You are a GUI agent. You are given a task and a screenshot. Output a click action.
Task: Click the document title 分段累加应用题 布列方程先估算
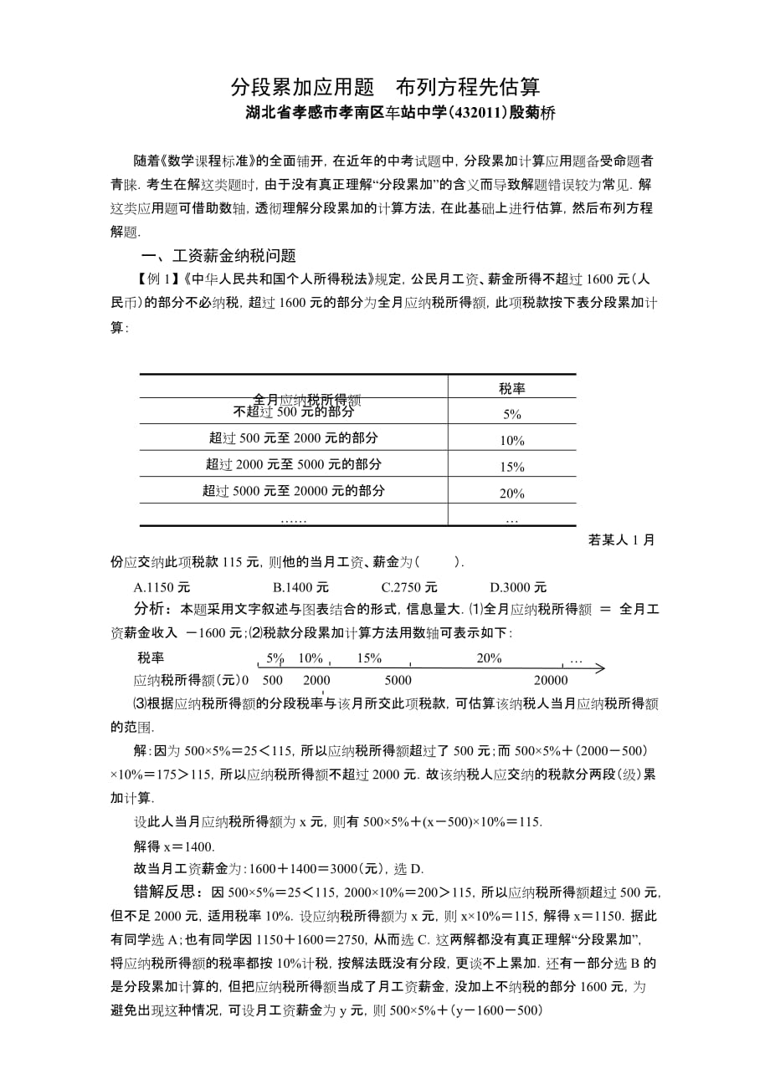[x=385, y=87]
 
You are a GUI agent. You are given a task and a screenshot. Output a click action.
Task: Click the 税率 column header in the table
[x=512, y=388]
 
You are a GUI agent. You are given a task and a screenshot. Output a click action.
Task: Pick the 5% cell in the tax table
[x=512, y=414]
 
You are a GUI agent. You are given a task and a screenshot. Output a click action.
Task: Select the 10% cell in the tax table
[x=512, y=441]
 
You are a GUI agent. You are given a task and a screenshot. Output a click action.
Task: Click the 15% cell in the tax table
[x=512, y=467]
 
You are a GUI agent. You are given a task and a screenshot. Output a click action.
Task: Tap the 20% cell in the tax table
[x=512, y=493]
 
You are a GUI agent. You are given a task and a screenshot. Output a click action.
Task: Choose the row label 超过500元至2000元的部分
[x=294, y=437]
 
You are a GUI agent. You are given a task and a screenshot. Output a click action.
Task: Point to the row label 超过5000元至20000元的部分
[x=294, y=491]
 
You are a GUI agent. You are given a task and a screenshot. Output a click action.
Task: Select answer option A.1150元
[x=164, y=587]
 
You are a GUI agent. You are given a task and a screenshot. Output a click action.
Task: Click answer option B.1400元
[x=300, y=587]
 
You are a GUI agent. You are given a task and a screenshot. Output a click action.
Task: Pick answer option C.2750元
[x=409, y=587]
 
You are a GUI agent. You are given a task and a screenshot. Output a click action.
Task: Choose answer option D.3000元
[x=518, y=587]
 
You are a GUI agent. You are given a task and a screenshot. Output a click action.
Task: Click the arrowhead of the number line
[x=601, y=668]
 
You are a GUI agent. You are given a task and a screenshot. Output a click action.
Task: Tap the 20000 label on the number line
[x=552, y=680]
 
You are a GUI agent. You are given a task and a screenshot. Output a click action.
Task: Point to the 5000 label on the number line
[x=398, y=680]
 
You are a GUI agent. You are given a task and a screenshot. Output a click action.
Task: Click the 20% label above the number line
[x=489, y=658]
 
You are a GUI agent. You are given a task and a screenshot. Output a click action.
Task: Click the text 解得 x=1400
[x=175, y=846]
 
